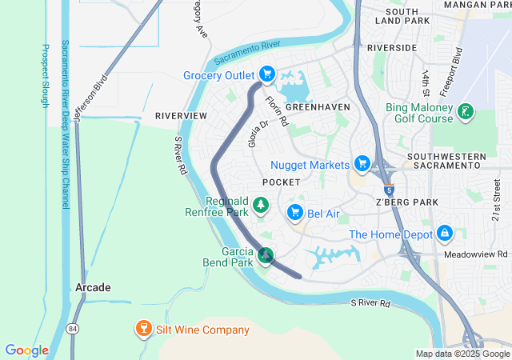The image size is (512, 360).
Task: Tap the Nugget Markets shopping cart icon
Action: click(362, 165)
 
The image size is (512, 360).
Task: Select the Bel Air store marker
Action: click(294, 212)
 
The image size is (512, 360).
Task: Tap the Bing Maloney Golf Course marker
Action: click(465, 114)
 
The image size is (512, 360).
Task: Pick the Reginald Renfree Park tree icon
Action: click(261, 206)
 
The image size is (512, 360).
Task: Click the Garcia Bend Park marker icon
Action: click(266, 256)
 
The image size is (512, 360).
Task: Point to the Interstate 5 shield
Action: click(388, 190)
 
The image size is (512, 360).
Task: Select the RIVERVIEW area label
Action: click(182, 116)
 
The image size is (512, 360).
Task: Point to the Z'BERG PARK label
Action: click(406, 202)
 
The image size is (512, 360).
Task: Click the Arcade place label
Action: click(94, 287)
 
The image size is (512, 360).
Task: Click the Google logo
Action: click(26, 350)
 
